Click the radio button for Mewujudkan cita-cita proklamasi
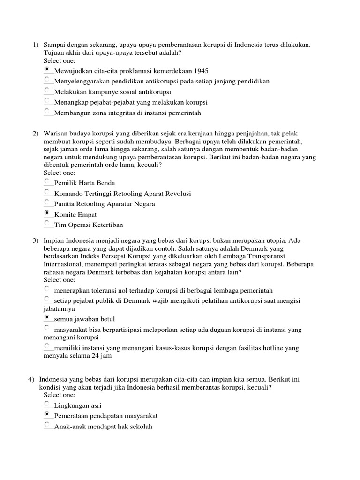pyautogui.click(x=47, y=69)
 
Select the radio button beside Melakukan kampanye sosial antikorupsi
pyautogui.click(x=47, y=90)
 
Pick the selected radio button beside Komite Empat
pyautogui.click(x=47, y=213)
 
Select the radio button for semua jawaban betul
pyautogui.click(x=47, y=318)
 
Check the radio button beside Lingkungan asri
pyautogui.click(x=47, y=404)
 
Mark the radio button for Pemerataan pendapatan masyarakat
pyautogui.click(x=47, y=414)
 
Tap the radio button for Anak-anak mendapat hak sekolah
pyautogui.click(x=47, y=425)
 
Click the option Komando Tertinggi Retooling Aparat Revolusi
pyautogui.click(x=122, y=194)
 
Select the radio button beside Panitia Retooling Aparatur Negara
pyautogui.click(x=47, y=202)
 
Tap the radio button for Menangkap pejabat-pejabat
pyautogui.click(x=47, y=100)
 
